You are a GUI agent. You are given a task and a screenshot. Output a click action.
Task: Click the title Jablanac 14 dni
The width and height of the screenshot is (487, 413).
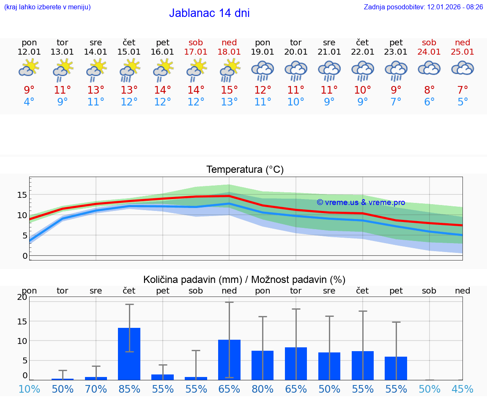point(209,13)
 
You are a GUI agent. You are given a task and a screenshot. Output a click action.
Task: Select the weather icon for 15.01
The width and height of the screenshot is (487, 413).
point(129,70)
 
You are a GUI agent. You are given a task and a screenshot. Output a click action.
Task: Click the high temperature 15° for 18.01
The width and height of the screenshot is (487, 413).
point(229,90)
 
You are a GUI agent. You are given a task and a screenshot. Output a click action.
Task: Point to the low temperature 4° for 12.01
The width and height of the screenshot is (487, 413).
point(29,102)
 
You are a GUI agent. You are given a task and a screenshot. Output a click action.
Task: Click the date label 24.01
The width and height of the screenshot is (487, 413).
point(429,52)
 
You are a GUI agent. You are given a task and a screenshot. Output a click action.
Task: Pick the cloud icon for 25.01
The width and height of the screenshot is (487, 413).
point(462,69)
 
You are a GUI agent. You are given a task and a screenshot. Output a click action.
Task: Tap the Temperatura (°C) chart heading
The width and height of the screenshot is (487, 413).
point(245,169)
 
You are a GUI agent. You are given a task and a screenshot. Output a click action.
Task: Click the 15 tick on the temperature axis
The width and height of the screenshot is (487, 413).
point(22,195)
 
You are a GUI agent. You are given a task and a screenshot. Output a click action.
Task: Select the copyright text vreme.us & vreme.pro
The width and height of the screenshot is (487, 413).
point(361,202)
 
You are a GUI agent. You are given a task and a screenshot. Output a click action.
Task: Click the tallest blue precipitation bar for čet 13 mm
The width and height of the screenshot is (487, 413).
point(129,354)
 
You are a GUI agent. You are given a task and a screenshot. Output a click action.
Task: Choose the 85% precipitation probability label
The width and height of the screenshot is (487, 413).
point(129,389)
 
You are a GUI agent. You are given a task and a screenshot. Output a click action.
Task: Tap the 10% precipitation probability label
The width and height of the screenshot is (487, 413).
point(29,389)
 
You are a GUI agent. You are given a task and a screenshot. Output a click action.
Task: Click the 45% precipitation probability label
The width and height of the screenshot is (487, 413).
point(462,389)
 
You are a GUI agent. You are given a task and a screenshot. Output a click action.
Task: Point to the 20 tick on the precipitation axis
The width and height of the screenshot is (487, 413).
point(22,297)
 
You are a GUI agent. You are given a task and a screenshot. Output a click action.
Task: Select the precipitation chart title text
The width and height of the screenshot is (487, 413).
point(244,280)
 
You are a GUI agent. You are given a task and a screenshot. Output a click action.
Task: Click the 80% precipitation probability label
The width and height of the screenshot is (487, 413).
point(263,389)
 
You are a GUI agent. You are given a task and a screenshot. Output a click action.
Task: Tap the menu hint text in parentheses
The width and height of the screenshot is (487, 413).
point(47,7)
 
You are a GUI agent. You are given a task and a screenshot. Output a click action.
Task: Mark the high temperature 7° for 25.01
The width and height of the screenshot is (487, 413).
point(462,90)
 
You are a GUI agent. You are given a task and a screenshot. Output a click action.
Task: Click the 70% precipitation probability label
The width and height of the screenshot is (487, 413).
point(96,389)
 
